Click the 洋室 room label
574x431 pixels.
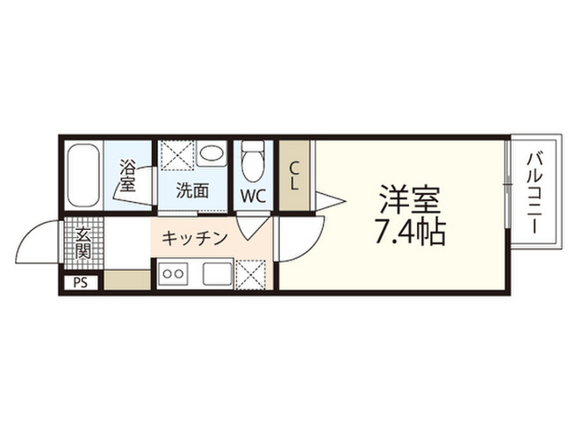point(410,199)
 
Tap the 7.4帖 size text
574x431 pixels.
point(410,232)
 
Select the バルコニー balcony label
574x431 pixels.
point(535,194)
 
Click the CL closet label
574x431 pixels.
point(294,176)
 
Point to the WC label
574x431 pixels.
point(253,197)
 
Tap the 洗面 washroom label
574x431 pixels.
point(192,191)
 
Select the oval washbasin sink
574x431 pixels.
point(212,154)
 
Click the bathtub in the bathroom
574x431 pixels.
point(83,176)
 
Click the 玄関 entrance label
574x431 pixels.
point(83,243)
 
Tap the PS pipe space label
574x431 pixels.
point(81,283)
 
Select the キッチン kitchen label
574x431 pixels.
point(195,239)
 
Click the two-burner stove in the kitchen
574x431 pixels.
point(173,273)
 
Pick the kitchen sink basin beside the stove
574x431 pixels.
point(217,274)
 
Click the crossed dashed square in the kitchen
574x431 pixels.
point(251,275)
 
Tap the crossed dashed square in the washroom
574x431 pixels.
point(178,155)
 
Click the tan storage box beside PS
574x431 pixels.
point(127,280)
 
